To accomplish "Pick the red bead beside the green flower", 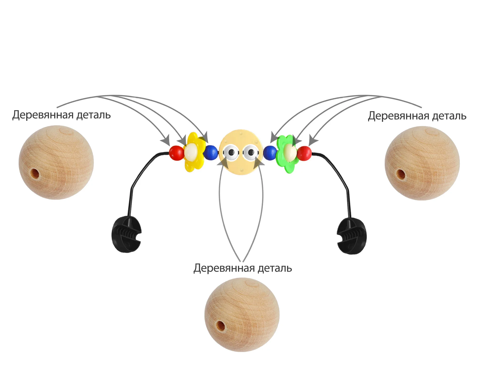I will [x=304, y=153].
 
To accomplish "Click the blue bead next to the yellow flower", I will [x=211, y=152].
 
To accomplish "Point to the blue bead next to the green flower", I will [x=270, y=153].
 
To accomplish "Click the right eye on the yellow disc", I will [x=251, y=152].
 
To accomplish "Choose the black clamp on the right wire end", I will [x=352, y=236].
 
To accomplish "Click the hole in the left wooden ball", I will [x=35, y=173].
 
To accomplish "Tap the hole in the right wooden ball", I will [x=401, y=174].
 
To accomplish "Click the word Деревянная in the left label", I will [x=43, y=115].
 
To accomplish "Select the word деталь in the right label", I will [x=449, y=116].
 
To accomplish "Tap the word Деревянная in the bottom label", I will [x=224, y=268].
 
